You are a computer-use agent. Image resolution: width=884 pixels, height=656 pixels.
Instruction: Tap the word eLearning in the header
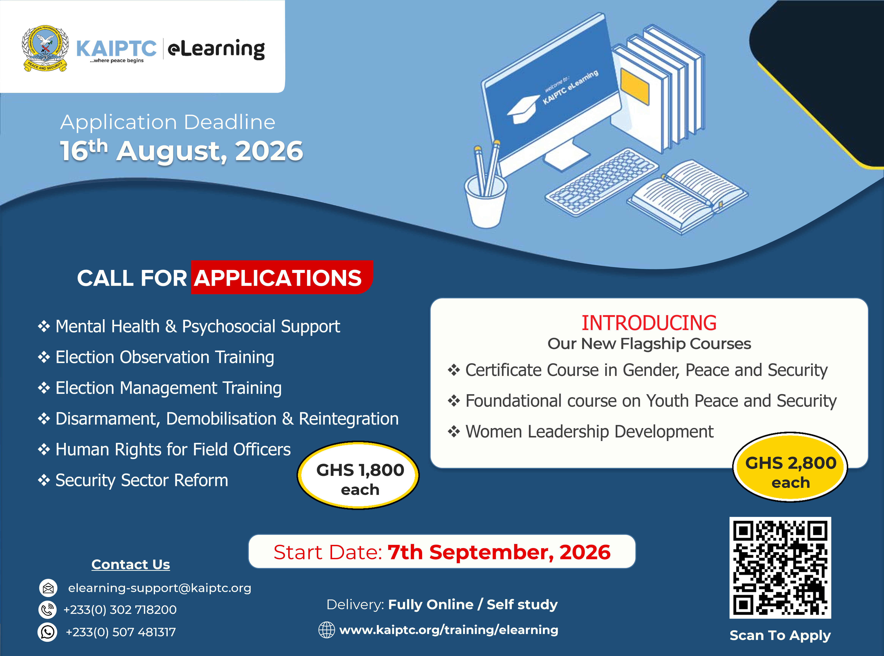pos(216,49)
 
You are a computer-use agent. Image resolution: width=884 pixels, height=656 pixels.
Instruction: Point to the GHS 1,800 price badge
pos(359,475)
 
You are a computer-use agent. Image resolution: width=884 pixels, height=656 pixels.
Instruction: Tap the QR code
pos(780,567)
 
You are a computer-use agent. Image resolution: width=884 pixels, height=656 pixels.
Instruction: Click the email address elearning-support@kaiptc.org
pos(160,588)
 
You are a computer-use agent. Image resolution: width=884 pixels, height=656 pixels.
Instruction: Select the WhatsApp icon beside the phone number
pos(48,632)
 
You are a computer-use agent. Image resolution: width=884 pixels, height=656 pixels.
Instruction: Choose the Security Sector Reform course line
pos(142,480)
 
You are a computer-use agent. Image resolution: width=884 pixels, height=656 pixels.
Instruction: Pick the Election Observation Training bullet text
pos(165,357)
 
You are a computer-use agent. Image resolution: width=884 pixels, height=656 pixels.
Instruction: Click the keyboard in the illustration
pos(602,182)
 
